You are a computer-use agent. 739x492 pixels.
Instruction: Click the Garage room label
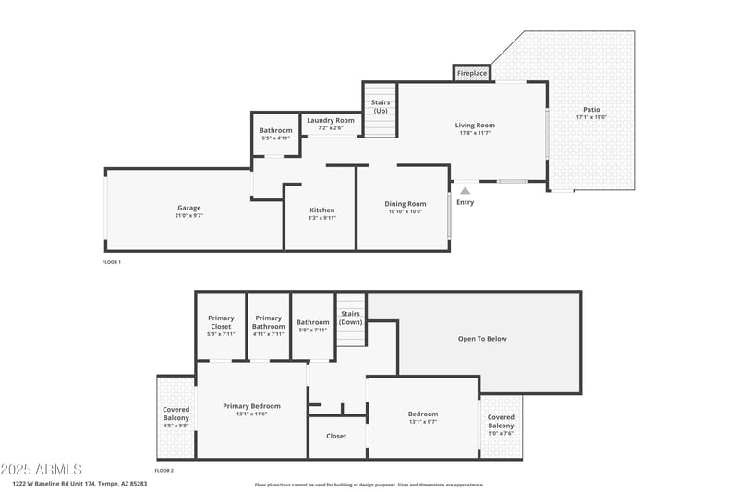pos(188,208)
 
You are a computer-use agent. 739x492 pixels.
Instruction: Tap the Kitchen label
pos(321,210)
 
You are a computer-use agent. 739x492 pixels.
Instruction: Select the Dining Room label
pos(405,204)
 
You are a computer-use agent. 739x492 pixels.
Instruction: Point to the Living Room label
pos(475,126)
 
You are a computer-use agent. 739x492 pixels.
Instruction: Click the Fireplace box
pos(471,73)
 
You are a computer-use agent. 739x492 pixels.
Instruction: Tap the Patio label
pos(590,110)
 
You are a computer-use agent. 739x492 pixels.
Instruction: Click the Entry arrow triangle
pos(465,191)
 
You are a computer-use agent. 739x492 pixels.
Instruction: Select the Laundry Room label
pos(331,120)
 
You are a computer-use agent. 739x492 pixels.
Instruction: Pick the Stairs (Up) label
pos(380,106)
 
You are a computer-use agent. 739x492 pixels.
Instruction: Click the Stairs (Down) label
pos(350,318)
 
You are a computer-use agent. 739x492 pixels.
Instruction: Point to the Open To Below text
pos(482,339)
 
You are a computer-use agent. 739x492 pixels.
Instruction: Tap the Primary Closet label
pos(221,322)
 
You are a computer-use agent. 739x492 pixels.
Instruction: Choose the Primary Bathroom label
pos(268,322)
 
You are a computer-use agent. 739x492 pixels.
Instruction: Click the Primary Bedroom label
pos(251,406)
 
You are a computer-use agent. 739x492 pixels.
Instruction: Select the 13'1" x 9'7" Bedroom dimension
pos(423,422)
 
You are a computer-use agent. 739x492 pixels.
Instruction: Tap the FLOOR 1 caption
pos(111,262)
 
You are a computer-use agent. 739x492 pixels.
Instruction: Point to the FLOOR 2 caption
pos(164,470)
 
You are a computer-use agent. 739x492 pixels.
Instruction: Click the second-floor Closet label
pos(336,436)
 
